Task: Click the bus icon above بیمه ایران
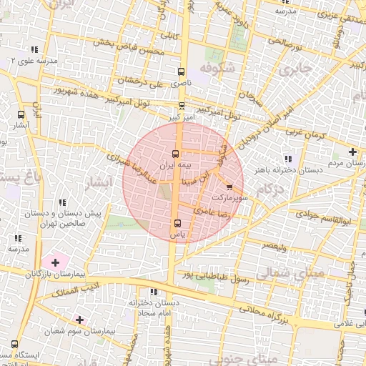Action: (176, 154)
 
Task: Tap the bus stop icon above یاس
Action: (176, 222)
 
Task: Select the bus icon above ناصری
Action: (181, 72)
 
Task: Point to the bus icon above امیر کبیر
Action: (182, 104)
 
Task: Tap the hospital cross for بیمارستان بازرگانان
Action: (55, 263)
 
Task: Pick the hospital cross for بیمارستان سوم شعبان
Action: (79, 320)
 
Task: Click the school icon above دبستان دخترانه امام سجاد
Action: (152, 292)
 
